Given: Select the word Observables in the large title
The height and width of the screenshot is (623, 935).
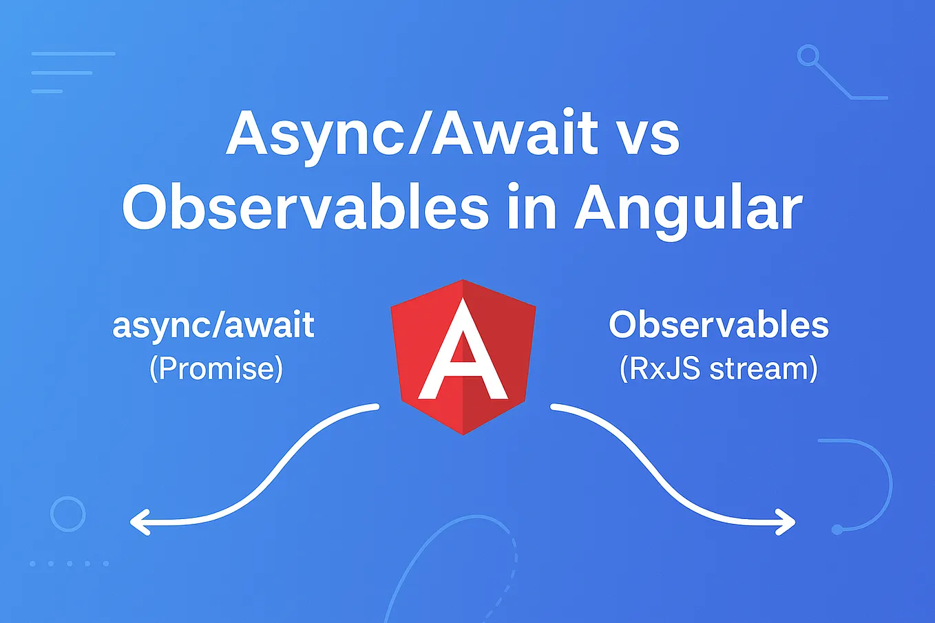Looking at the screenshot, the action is tap(305, 207).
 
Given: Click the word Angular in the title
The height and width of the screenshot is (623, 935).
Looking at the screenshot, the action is tap(689, 211).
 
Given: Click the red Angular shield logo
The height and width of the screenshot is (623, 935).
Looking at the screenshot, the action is tap(463, 357).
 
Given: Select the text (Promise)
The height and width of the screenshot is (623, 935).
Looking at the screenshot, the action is tap(216, 369).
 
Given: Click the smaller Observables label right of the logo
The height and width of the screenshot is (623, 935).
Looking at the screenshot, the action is tap(718, 325).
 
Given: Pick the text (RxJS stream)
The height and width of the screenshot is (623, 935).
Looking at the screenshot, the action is tap(718, 369).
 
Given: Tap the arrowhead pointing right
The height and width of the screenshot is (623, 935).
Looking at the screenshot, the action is tap(786, 522).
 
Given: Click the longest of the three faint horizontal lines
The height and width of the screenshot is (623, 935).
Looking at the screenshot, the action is tap(73, 54).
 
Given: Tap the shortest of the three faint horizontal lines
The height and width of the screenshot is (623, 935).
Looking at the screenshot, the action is tap(47, 91).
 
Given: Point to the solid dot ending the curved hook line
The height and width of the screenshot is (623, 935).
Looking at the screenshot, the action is tap(837, 529).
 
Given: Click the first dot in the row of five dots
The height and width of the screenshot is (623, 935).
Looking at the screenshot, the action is tap(32, 564).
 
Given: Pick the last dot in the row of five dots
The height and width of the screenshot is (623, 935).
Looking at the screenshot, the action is tap(106, 564).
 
